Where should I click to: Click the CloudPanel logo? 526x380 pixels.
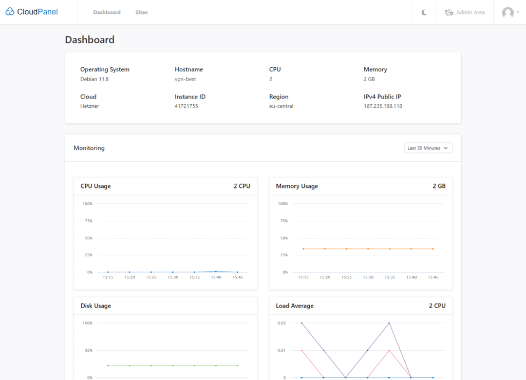tap(32, 12)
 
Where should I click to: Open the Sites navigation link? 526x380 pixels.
tap(141, 12)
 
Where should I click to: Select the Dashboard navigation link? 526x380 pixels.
tap(107, 12)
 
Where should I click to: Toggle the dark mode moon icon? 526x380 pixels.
tap(424, 12)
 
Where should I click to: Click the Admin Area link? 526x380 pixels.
tap(464, 12)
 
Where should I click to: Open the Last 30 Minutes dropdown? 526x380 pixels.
tap(428, 148)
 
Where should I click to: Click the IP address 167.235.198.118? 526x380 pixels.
tap(383, 106)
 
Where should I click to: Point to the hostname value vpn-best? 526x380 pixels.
tap(185, 79)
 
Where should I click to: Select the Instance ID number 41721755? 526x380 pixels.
tap(186, 106)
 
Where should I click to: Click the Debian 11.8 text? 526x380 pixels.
tap(95, 79)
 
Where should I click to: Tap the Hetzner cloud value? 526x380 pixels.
tap(90, 106)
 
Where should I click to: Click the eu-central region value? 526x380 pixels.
tap(281, 106)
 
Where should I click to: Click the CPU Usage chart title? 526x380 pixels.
tap(96, 186)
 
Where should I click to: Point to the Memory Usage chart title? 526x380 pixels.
tap(297, 186)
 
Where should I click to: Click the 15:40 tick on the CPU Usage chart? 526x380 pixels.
tap(216, 277)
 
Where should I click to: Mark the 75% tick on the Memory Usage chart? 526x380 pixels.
tap(283, 221)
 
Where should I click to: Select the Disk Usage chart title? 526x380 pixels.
tap(96, 306)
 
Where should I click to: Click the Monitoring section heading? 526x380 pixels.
tap(89, 148)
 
